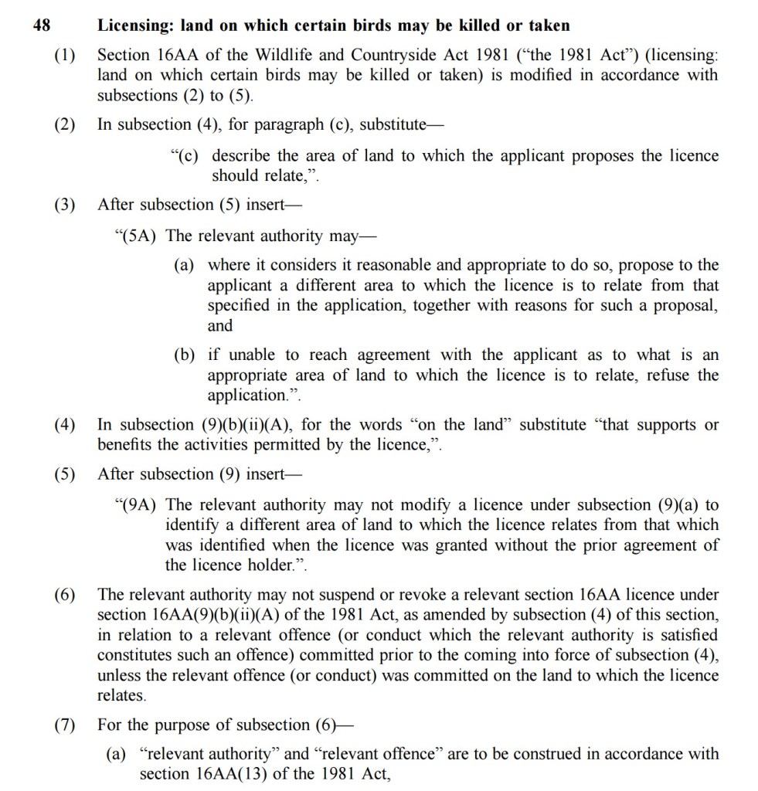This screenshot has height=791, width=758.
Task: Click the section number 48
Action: coord(42,25)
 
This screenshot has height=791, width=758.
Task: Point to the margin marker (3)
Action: coord(66,205)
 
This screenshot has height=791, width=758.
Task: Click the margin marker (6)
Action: coord(66,595)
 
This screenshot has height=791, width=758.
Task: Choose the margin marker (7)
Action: coord(66,725)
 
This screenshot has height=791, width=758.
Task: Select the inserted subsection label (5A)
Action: coord(137,236)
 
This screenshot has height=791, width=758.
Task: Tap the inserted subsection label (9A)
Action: coord(137,505)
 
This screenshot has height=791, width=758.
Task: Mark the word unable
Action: coord(253,355)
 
